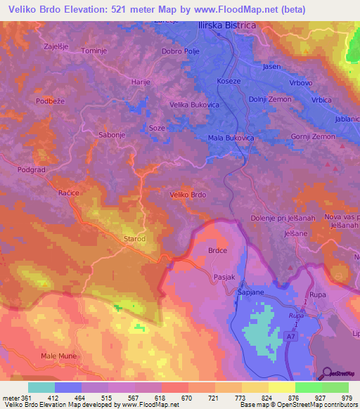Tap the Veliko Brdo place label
click(x=188, y=195)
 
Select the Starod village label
click(x=134, y=239)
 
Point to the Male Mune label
click(x=58, y=357)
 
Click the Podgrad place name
click(x=32, y=169)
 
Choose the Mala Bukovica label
click(x=231, y=138)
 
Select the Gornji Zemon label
click(x=314, y=136)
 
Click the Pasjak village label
click(x=224, y=278)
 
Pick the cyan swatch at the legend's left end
click(x=41, y=387)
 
